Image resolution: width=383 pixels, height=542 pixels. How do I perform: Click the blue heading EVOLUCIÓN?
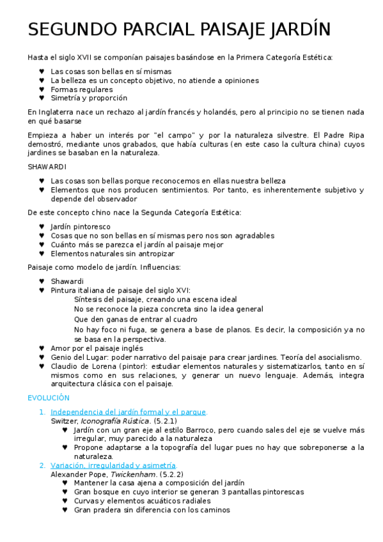click(x=49, y=398)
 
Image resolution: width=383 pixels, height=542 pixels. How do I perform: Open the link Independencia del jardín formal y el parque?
click(x=129, y=412)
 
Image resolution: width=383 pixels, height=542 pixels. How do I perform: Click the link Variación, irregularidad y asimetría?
click(x=113, y=465)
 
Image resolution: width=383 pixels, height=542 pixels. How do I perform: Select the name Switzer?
click(x=63, y=421)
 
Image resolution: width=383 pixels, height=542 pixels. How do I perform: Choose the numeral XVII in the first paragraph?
click(x=83, y=58)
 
